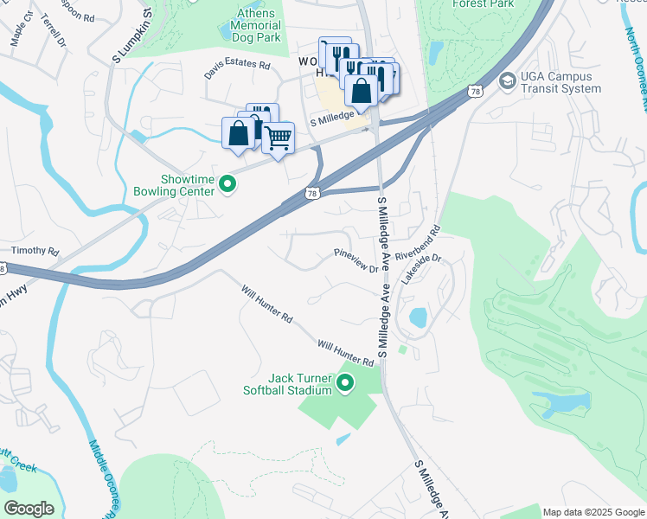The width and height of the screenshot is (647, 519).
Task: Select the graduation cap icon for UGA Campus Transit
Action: tap(507, 80)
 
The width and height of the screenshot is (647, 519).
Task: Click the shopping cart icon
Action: tap(278, 137)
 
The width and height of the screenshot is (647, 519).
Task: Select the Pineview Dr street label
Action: tap(356, 260)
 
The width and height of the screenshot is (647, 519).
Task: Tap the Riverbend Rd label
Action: tap(419, 244)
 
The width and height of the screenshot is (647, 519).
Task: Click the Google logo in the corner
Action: tap(29, 508)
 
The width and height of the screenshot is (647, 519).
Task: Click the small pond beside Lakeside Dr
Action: tap(417, 317)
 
